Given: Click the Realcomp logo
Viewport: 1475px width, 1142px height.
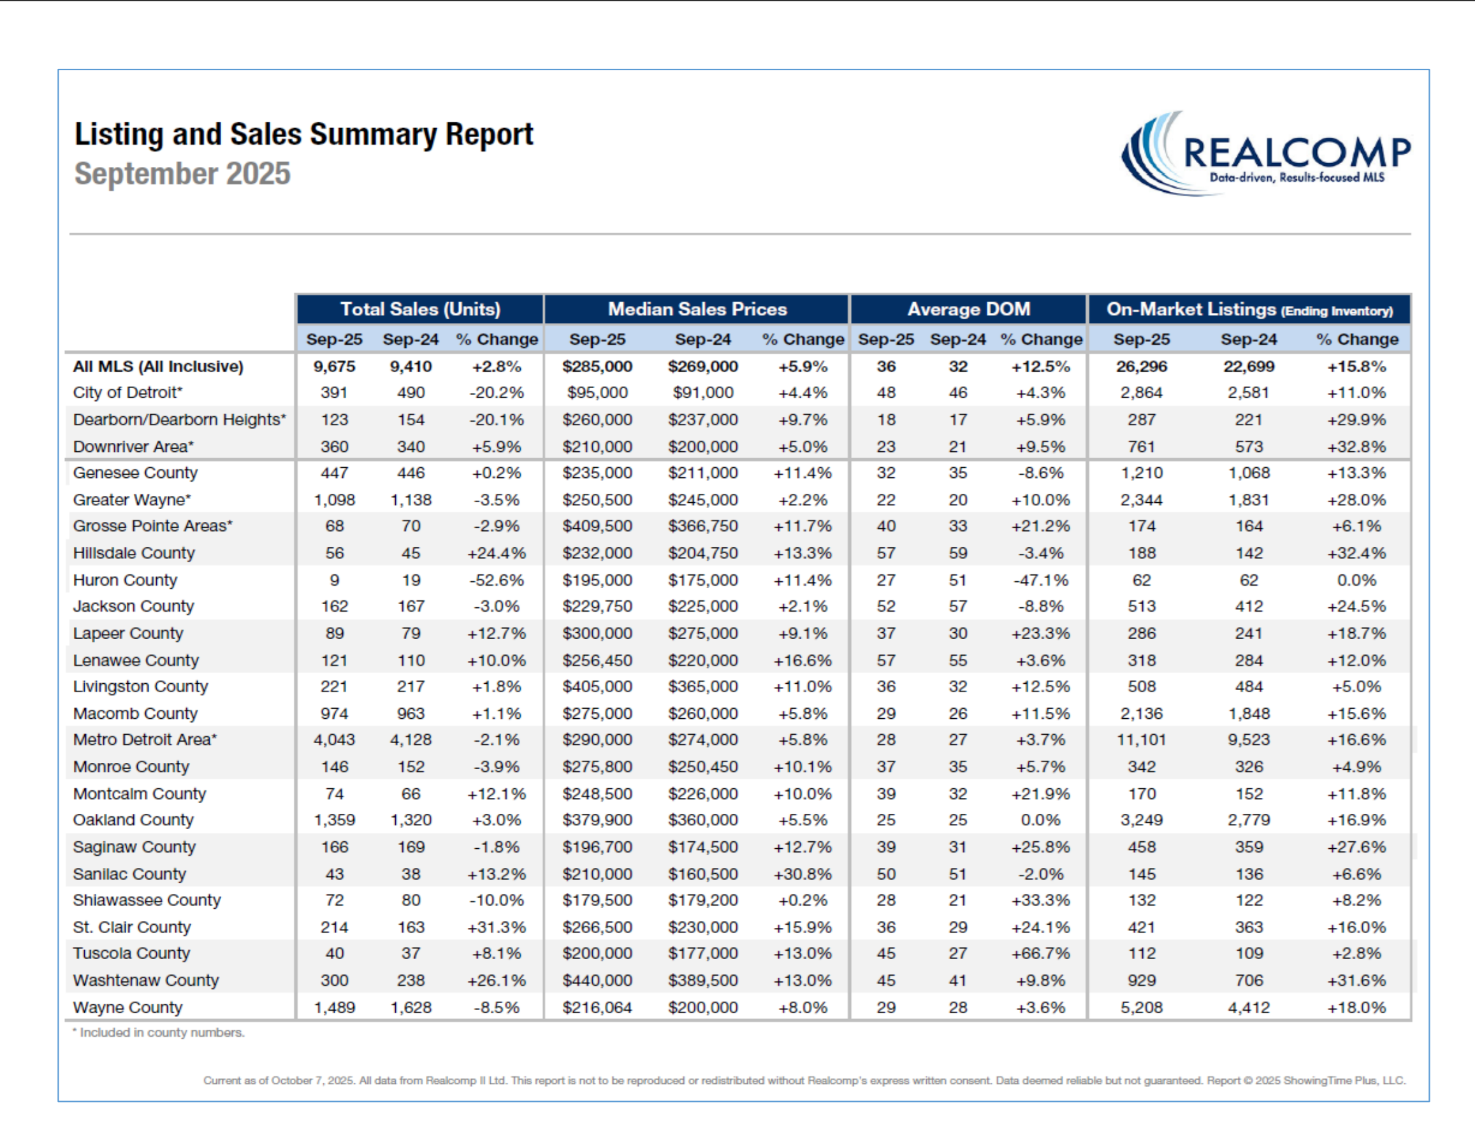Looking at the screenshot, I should [1265, 154].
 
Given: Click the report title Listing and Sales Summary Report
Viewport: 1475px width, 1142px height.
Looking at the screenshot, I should [303, 134].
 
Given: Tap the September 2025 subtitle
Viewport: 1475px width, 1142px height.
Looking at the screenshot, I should [182, 173].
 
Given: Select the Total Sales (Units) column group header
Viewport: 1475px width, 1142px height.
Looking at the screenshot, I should [420, 309].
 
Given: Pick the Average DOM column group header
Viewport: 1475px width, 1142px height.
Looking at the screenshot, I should [968, 309].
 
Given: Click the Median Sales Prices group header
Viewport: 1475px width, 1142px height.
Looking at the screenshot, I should [697, 309].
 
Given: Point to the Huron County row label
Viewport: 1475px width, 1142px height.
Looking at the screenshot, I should [125, 580].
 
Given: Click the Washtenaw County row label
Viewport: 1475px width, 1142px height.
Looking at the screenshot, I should [146, 980].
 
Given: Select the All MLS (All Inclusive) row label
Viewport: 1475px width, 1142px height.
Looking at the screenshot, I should [158, 366].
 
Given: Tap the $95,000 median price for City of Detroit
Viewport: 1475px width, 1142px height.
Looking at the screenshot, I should [597, 393].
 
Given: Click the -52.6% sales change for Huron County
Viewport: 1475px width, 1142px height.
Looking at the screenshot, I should [497, 580].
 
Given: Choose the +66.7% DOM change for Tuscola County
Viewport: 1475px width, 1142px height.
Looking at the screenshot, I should [1040, 953].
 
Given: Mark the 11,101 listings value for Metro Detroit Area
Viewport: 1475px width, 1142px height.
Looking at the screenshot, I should [1141, 740].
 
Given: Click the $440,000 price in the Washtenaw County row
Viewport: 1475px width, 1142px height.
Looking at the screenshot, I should [597, 980].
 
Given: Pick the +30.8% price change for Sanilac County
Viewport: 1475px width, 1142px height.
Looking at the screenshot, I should [803, 874].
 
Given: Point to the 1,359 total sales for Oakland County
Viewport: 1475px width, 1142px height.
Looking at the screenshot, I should [334, 820].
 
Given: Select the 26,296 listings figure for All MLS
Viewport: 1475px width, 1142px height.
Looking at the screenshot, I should [1141, 366].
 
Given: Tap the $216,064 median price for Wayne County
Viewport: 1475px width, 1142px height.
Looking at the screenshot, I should [597, 1008].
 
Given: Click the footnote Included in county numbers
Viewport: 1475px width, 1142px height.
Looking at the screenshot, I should [159, 1032].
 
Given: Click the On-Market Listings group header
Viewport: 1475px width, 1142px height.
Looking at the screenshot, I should [1249, 309].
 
